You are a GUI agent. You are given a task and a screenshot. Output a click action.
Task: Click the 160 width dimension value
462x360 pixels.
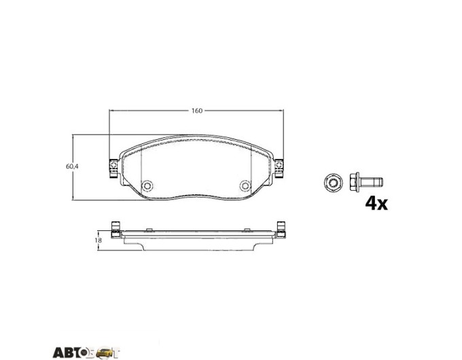coord(197,111)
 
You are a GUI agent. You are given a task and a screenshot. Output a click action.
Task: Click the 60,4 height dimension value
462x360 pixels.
coord(72,166)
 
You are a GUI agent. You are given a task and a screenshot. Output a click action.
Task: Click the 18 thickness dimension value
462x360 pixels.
coord(98,240)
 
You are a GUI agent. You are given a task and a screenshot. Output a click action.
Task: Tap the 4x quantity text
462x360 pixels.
coord(376,203)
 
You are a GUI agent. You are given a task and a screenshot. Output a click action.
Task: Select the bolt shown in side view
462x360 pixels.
coord(366,182)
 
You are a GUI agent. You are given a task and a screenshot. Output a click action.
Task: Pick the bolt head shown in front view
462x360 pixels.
coord(333,182)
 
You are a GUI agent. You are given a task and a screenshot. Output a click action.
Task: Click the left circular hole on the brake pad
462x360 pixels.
coord(147,185)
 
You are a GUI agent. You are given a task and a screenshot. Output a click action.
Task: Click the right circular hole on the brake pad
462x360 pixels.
coord(245,185)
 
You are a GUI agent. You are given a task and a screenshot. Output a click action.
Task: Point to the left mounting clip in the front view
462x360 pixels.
coord(113,168)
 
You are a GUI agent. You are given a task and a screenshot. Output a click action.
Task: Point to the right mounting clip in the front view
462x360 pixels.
coord(279,168)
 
